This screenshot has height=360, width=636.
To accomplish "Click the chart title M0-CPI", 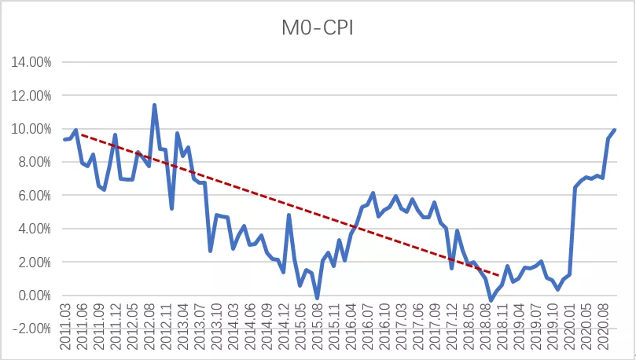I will click(317, 29).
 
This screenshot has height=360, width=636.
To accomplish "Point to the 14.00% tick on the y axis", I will click(31, 62).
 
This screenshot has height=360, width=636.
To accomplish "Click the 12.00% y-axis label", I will click(31, 95).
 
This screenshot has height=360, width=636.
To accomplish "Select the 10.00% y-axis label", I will click(31, 129).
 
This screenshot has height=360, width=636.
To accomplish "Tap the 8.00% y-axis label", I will click(33, 162).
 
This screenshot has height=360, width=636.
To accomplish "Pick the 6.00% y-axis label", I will click(33, 196).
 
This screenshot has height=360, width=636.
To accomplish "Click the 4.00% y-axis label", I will click(33, 229).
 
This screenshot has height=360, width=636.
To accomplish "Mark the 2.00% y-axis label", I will click(33, 263).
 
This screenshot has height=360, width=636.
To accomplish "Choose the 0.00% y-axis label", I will click(33, 296).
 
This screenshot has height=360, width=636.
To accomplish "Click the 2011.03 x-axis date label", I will click(65, 323).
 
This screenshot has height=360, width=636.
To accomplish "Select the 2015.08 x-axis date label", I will click(317, 323).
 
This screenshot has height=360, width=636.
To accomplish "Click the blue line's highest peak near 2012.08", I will click(154, 105).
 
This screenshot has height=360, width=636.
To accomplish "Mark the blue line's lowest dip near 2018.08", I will click(491, 300).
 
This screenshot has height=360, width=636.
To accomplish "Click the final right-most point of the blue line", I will click(615, 130).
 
